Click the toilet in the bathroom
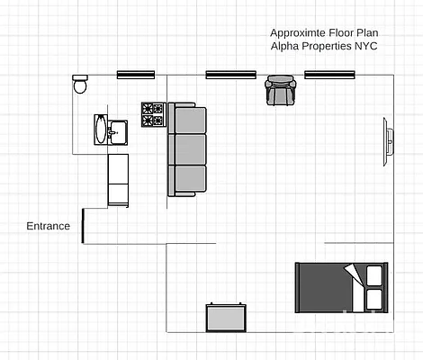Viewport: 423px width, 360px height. pos(79,85)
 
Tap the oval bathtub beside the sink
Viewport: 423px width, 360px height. pos(100,130)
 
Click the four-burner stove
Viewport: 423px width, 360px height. pos(152,114)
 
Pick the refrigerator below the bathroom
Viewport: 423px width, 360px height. pos(118,179)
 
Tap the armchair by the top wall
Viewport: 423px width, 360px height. pos(280,91)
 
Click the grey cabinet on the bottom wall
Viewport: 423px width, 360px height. pos(226,317)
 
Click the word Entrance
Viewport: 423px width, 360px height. pos(48,226)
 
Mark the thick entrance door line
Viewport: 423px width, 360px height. pos(83,226)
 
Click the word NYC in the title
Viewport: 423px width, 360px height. pos(366,46)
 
